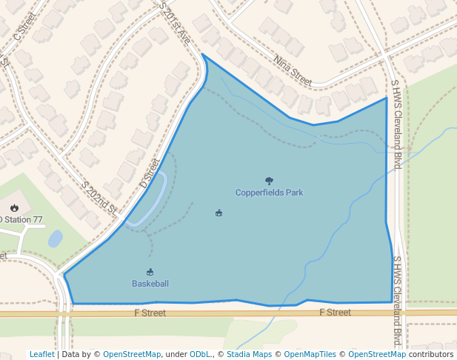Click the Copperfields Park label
pyautogui.click(x=269, y=193)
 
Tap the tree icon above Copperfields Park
pyautogui.click(x=269, y=181)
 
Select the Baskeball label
pyautogui.click(x=150, y=284)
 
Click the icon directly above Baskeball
pyautogui.click(x=150, y=272)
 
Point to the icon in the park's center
pyautogui.click(x=219, y=213)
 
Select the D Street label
pyautogui.click(x=150, y=173)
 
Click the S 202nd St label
pyautogui.click(x=101, y=198)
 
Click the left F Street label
pyautogui.click(x=150, y=313)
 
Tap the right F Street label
pyautogui.click(x=335, y=313)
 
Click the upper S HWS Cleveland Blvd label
pyautogui.click(x=396, y=124)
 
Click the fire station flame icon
pyautogui.click(x=14, y=208)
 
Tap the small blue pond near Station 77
pyautogui.click(x=55, y=239)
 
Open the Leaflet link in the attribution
pyautogui.click(x=42, y=354)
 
